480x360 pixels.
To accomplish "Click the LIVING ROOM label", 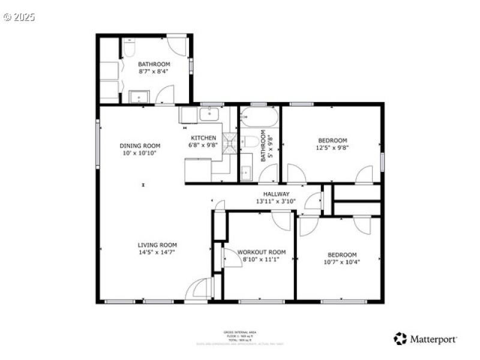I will click(x=157, y=245).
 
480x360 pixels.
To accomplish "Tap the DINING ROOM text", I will click(x=140, y=146).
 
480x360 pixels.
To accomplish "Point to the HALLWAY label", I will click(x=277, y=194).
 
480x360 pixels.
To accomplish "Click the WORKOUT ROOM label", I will click(x=262, y=252).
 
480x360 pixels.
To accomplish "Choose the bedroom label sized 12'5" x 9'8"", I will click(x=332, y=140).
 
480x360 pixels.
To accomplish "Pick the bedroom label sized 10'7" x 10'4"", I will click(x=342, y=255).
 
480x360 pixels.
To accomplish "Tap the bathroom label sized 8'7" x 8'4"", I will click(x=154, y=64).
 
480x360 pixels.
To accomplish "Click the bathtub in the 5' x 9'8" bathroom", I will click(x=259, y=116).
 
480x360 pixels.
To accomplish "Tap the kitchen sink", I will click(x=209, y=113).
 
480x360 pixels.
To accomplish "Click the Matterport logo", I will click(x=425, y=339).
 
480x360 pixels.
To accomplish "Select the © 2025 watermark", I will click(x=19, y=17).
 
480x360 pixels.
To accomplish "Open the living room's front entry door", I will click(x=198, y=289).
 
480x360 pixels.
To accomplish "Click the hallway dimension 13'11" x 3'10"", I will click(x=277, y=202).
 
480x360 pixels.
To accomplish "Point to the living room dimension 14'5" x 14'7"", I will click(x=157, y=253).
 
